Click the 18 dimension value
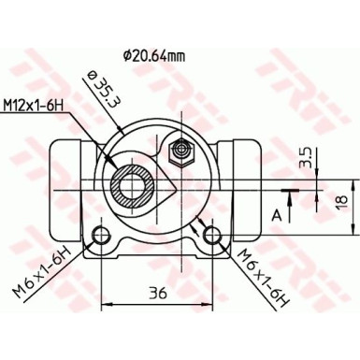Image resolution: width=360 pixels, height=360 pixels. [x=344, y=200]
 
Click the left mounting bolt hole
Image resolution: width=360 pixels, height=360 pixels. [x=100, y=233]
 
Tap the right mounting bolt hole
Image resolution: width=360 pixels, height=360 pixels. [x=213, y=233]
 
